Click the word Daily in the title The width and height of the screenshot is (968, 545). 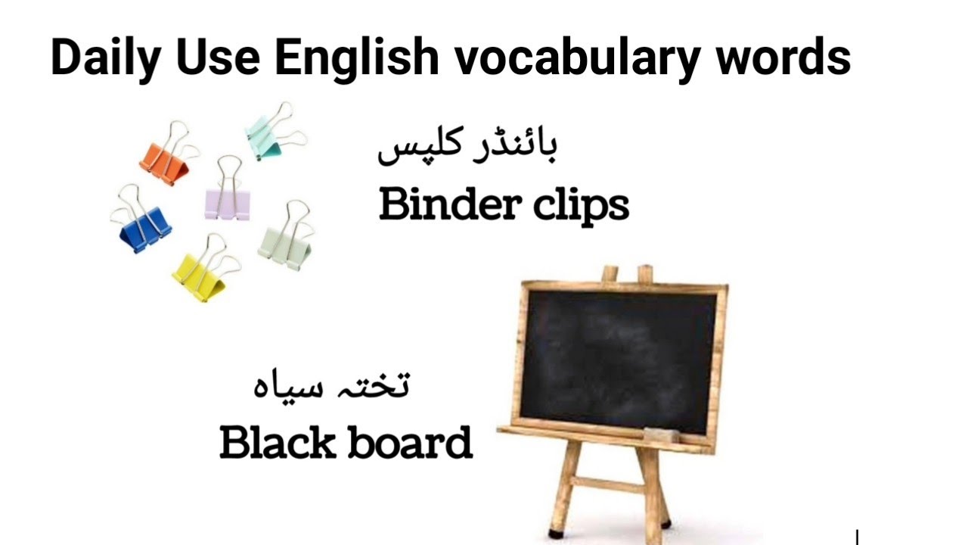tap(104, 59)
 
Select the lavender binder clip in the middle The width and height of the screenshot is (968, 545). tap(227, 202)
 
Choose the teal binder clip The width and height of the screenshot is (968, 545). tap(266, 139)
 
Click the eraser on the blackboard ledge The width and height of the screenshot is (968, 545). tap(662, 434)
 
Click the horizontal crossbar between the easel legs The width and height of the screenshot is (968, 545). tap(607, 484)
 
